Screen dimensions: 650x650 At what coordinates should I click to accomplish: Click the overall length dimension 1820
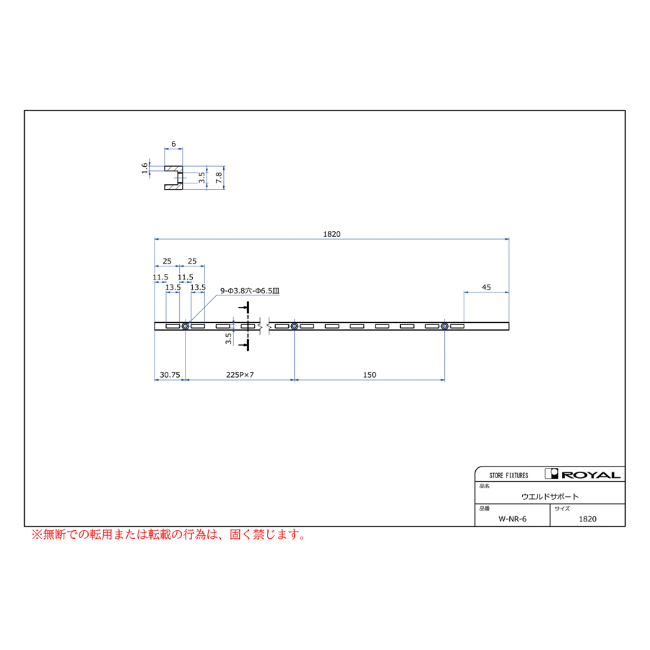(331, 234)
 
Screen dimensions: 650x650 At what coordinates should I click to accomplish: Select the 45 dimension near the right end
(486, 287)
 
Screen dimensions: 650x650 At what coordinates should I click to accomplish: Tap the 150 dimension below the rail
(369, 375)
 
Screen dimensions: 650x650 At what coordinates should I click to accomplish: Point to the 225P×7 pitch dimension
(240, 375)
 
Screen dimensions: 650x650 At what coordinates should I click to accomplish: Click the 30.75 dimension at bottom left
(170, 375)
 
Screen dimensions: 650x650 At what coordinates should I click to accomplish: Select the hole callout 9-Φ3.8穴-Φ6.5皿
(250, 291)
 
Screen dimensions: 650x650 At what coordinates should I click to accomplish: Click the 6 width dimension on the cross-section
(173, 144)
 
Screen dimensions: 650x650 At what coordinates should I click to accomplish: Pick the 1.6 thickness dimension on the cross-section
(144, 168)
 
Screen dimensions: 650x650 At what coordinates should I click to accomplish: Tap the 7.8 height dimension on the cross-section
(219, 178)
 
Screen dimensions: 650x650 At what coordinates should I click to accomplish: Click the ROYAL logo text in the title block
(591, 475)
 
